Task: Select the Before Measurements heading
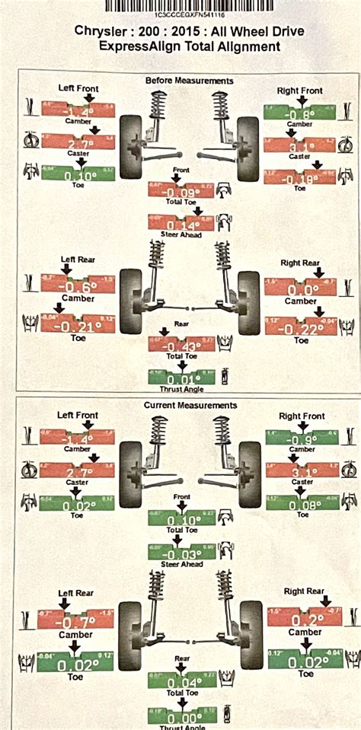click(x=189, y=80)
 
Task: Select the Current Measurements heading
click(x=190, y=406)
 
